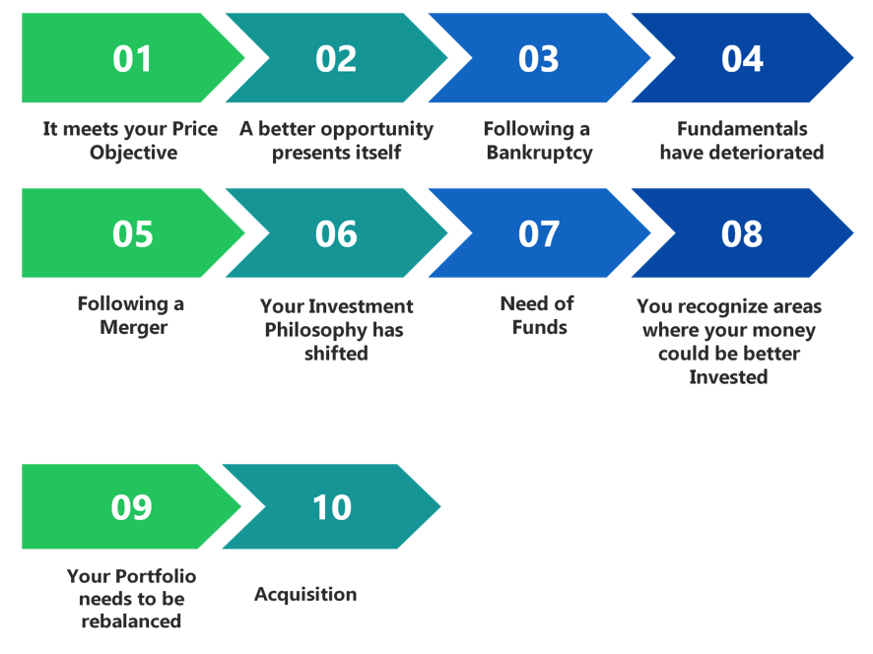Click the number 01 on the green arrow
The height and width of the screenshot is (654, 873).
pyautogui.click(x=132, y=58)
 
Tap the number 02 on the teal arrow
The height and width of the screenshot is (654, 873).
pyautogui.click(x=336, y=58)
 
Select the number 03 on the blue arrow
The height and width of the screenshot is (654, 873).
pyautogui.click(x=538, y=58)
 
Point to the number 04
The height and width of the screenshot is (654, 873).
pyautogui.click(x=742, y=58)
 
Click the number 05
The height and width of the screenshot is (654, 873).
pyautogui.click(x=132, y=233)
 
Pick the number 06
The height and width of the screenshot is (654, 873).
pyautogui.click(x=336, y=233)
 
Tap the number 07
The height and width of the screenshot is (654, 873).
pyautogui.click(x=538, y=233)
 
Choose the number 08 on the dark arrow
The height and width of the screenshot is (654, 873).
pyautogui.click(x=742, y=233)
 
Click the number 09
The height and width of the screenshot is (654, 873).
pyautogui.click(x=131, y=507)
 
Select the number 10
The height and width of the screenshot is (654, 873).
pyautogui.click(x=332, y=507)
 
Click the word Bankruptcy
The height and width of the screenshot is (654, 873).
pyautogui.click(x=540, y=153)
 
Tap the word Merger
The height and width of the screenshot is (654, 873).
pyautogui.click(x=134, y=327)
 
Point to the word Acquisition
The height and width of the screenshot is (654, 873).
pyautogui.click(x=305, y=595)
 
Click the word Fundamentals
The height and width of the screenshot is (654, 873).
pyautogui.click(x=742, y=129)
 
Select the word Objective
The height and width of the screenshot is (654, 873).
pyautogui.click(x=134, y=153)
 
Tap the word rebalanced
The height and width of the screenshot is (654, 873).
pyautogui.click(x=131, y=621)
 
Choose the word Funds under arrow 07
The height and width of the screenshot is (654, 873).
pyautogui.click(x=540, y=327)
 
